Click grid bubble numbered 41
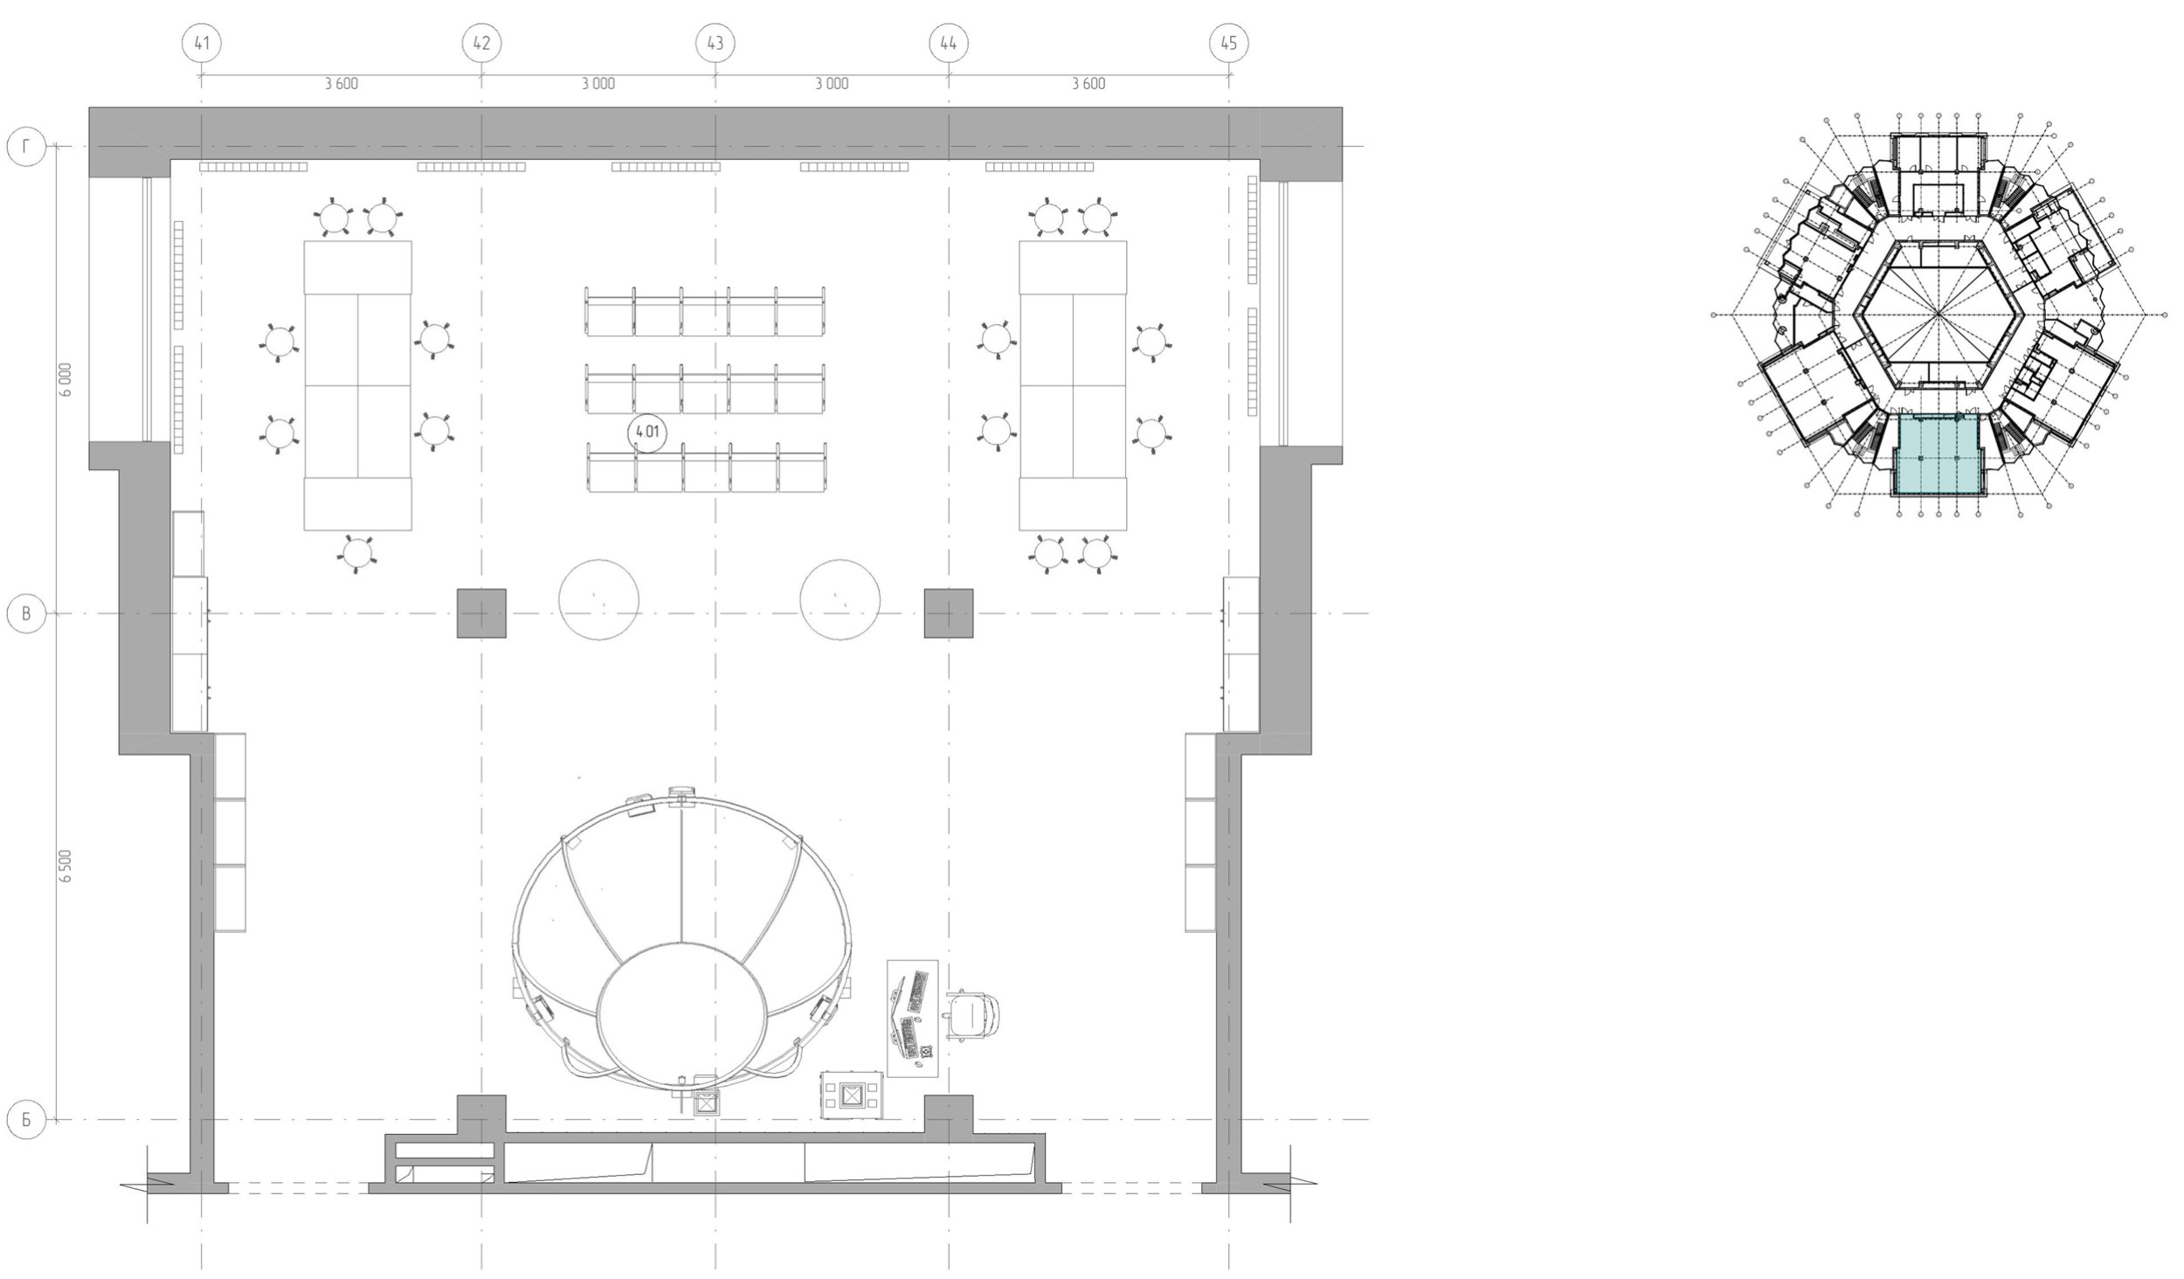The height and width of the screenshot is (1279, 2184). [x=202, y=43]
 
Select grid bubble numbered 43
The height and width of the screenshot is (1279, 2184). [x=715, y=43]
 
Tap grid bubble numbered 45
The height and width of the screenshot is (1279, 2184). [x=1228, y=43]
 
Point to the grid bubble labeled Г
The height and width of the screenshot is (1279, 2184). [x=26, y=147]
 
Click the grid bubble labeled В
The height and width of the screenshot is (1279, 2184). [x=26, y=614]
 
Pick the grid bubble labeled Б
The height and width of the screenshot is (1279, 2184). [x=26, y=1120]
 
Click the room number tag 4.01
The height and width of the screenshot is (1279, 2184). [x=647, y=432]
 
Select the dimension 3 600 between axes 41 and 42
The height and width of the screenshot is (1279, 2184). [x=341, y=84]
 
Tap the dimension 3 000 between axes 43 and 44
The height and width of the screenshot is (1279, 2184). [x=832, y=84]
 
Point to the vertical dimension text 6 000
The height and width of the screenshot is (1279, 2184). [x=66, y=380]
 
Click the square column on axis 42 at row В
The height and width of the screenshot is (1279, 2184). [x=481, y=613]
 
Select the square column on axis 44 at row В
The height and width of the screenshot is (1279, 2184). [x=949, y=613]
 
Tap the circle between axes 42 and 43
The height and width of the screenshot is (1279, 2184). [x=598, y=600]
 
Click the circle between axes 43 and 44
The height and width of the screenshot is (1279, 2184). [x=840, y=600]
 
